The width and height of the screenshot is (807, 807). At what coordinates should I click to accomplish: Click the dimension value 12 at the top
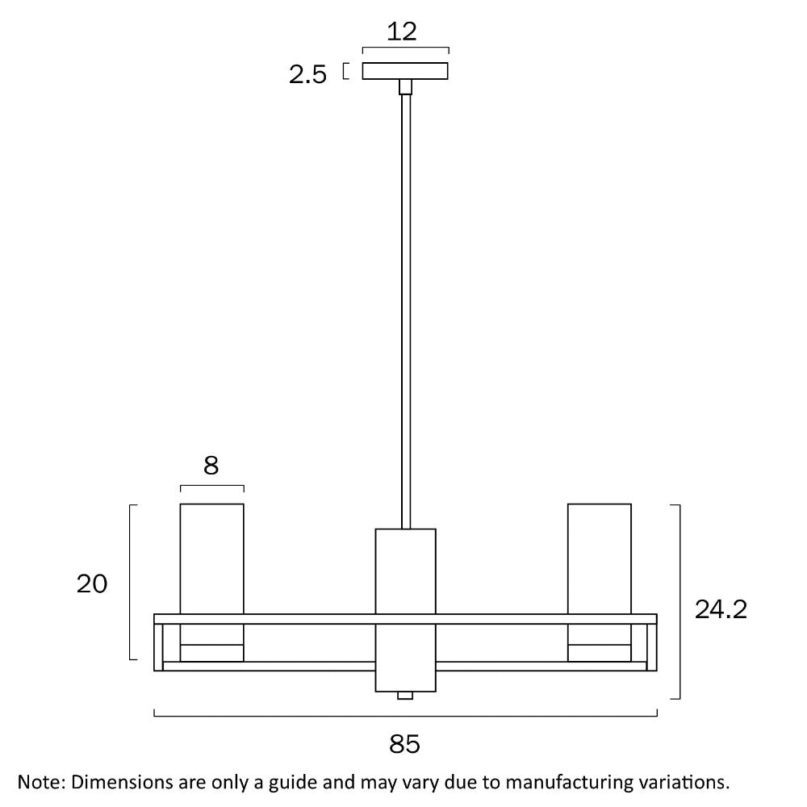coord(401,32)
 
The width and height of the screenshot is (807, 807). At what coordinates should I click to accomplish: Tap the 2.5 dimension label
coord(307,75)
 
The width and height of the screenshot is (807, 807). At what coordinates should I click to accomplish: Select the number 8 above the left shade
coord(211,466)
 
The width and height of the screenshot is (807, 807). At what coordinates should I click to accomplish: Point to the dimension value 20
coord(92,584)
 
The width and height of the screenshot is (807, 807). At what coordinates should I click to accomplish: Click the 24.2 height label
coord(721,610)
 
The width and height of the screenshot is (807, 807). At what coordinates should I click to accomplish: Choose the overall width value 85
coord(404,744)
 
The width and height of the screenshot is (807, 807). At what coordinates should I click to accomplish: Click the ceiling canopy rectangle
coord(405,71)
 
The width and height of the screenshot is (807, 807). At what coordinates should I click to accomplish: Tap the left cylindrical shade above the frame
coord(212,559)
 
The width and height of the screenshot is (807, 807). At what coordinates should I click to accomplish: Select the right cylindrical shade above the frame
coord(600,559)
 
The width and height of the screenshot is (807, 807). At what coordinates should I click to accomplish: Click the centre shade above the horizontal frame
coord(406,571)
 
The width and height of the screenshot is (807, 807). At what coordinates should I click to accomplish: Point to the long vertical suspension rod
coord(406,312)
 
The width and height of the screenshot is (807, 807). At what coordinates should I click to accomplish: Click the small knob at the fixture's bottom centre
coord(405,696)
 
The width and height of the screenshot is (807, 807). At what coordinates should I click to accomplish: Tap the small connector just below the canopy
coord(406,87)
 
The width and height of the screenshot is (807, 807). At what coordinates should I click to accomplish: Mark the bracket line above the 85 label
coord(406,713)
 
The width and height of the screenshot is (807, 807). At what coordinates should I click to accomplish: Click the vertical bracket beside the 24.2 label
coord(676,602)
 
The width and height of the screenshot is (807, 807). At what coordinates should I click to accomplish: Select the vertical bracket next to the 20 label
coord(133,582)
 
